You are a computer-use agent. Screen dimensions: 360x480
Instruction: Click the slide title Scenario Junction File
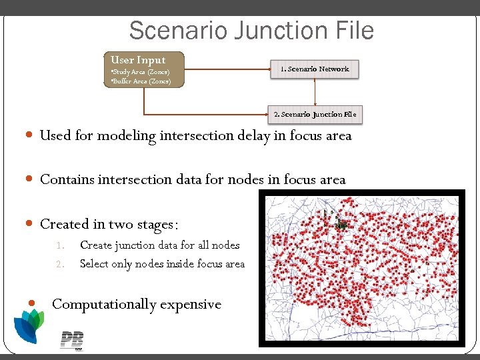[251, 31]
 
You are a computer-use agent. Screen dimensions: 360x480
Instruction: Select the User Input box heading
[138, 59]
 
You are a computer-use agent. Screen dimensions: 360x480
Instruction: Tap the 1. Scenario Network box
[315, 69]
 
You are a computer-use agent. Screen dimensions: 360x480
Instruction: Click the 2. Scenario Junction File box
[315, 114]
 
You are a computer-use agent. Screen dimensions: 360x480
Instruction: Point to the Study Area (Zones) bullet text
[141, 71]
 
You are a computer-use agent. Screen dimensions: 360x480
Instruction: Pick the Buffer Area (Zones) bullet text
[141, 81]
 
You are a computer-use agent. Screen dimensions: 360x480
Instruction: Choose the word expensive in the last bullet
[190, 304]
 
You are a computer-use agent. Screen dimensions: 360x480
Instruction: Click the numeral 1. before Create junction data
[59, 245]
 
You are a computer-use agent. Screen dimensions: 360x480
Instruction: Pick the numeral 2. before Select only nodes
[59, 264]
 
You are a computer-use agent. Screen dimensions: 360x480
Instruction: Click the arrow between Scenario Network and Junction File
[315, 91]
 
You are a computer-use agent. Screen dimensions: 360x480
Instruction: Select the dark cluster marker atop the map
[342, 223]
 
